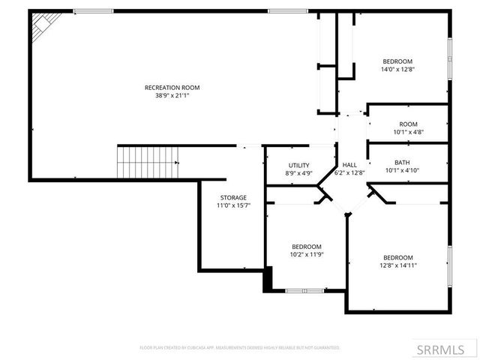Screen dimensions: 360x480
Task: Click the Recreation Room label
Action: coord(172,87)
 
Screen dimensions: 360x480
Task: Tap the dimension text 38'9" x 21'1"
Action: coord(172,95)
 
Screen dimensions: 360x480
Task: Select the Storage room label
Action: coord(233,197)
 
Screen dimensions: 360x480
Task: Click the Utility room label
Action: coord(299,166)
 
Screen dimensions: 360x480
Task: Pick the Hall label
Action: coord(349,165)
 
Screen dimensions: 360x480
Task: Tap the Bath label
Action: coord(403,163)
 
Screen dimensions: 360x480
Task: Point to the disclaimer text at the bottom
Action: coord(240,348)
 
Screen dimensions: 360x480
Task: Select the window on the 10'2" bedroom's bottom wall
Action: coord(305,290)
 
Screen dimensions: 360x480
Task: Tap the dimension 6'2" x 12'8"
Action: coord(349,172)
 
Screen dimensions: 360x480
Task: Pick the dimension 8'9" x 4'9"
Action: coord(299,173)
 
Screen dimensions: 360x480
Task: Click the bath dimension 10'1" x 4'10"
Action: coord(403,170)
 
